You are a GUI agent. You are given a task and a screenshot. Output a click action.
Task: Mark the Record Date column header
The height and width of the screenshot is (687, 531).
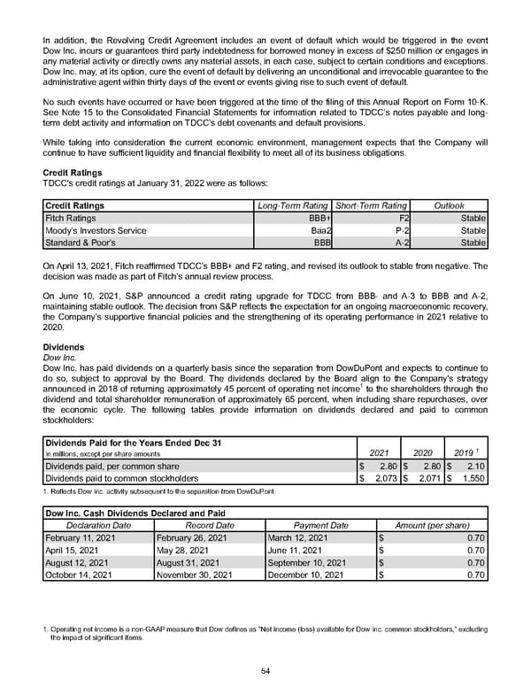pos(209,525)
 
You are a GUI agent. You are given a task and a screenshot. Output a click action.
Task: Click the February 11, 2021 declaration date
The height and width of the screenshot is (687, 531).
pos(81,536)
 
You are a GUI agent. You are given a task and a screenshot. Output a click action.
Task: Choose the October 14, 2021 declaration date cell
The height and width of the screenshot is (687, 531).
pos(79,574)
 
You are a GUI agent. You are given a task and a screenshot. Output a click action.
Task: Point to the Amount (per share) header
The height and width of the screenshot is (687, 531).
pos(431,525)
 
